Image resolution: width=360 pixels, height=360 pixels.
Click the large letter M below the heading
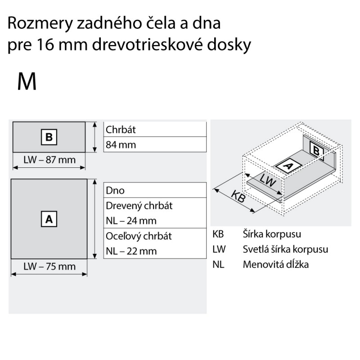click(x=27, y=82)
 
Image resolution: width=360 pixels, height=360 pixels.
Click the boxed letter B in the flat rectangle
click(x=49, y=137)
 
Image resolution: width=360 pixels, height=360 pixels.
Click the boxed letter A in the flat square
click(x=49, y=219)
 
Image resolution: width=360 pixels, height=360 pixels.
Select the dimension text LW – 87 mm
click(x=49, y=160)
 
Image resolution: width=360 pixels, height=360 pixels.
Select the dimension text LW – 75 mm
click(x=49, y=266)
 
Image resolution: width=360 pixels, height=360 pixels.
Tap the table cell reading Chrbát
click(x=155, y=130)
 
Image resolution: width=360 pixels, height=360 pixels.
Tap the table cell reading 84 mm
click(x=155, y=144)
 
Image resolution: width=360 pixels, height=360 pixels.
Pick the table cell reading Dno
click(x=155, y=190)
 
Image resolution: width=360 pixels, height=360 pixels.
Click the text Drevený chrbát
click(x=139, y=206)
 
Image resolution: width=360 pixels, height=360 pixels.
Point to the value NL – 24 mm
click(x=131, y=220)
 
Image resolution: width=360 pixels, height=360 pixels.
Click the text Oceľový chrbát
click(x=139, y=236)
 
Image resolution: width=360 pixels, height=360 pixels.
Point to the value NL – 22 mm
click(x=131, y=251)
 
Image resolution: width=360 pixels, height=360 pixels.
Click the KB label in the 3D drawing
click(x=238, y=197)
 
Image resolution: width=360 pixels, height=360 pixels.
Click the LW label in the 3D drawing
click(x=268, y=180)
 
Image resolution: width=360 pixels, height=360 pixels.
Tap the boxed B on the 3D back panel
click(x=317, y=151)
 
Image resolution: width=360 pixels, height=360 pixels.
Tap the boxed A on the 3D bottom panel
click(x=288, y=166)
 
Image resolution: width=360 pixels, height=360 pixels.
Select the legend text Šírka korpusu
click(x=272, y=234)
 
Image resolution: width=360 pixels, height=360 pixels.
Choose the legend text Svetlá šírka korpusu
click(x=285, y=249)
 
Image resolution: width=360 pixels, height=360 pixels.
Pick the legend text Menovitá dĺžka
click(x=276, y=264)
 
